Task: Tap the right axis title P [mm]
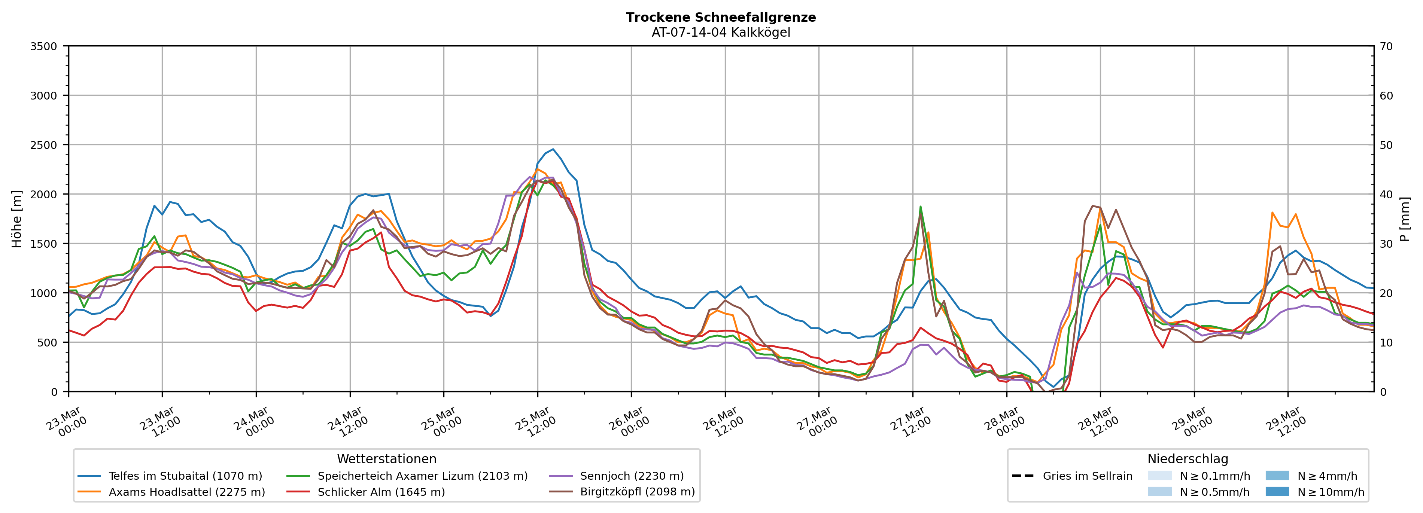(1405, 219)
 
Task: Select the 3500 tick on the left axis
(43, 46)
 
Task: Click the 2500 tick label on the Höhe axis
(43, 145)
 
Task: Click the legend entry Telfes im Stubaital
(185, 476)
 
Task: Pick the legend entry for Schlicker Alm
(381, 492)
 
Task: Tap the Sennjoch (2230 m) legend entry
(632, 476)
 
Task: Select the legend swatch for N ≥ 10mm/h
(1277, 491)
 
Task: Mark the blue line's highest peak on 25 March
(553, 149)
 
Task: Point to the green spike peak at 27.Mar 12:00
(920, 207)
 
